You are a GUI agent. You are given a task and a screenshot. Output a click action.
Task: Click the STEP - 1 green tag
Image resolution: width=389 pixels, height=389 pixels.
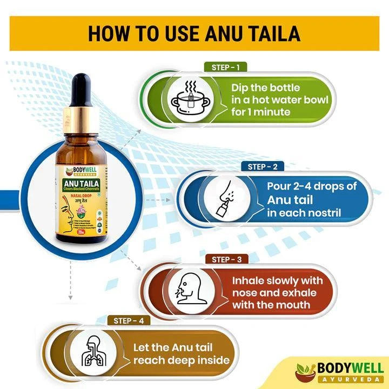click(x=225, y=68)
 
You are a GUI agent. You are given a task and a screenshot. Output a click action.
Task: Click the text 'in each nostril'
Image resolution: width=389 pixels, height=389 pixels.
click(x=304, y=212)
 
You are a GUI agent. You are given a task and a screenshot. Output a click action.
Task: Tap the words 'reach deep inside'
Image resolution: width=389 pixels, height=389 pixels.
click(x=182, y=360)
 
